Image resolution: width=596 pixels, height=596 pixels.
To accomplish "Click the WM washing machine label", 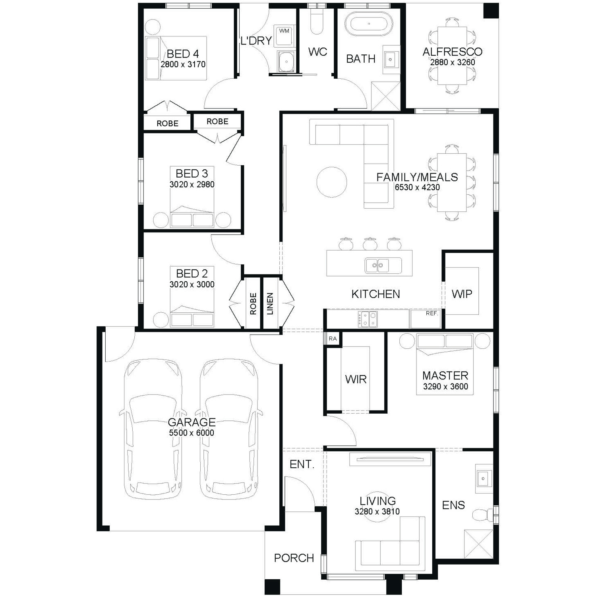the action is pyautogui.click(x=284, y=31).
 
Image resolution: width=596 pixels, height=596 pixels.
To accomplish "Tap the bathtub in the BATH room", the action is pyautogui.click(x=369, y=23).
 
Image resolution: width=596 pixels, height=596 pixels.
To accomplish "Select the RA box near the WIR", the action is pyautogui.click(x=333, y=339).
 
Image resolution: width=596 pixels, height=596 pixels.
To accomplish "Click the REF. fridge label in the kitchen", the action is pyautogui.click(x=432, y=313).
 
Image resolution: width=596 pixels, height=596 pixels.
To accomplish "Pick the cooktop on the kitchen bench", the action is pyautogui.click(x=368, y=319).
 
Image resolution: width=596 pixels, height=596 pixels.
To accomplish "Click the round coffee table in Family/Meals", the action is pyautogui.click(x=332, y=182).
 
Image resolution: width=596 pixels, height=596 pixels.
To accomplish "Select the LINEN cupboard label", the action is pyautogui.click(x=270, y=304).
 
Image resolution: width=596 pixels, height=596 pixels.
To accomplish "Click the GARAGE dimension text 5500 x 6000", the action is pyautogui.click(x=192, y=433).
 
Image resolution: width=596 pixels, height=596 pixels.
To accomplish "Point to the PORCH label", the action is pyautogui.click(x=294, y=558).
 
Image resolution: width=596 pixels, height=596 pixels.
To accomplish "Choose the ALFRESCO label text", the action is pyautogui.click(x=453, y=52).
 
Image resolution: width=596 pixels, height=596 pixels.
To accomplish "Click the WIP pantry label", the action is pyautogui.click(x=462, y=294).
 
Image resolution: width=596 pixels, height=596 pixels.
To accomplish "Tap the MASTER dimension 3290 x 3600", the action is pyautogui.click(x=445, y=386).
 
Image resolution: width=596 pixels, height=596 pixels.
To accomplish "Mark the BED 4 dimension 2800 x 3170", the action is pyautogui.click(x=183, y=64).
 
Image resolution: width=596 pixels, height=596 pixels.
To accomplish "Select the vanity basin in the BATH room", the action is pyautogui.click(x=391, y=60).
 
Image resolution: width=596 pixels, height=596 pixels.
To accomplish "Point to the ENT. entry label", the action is pyautogui.click(x=302, y=464).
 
